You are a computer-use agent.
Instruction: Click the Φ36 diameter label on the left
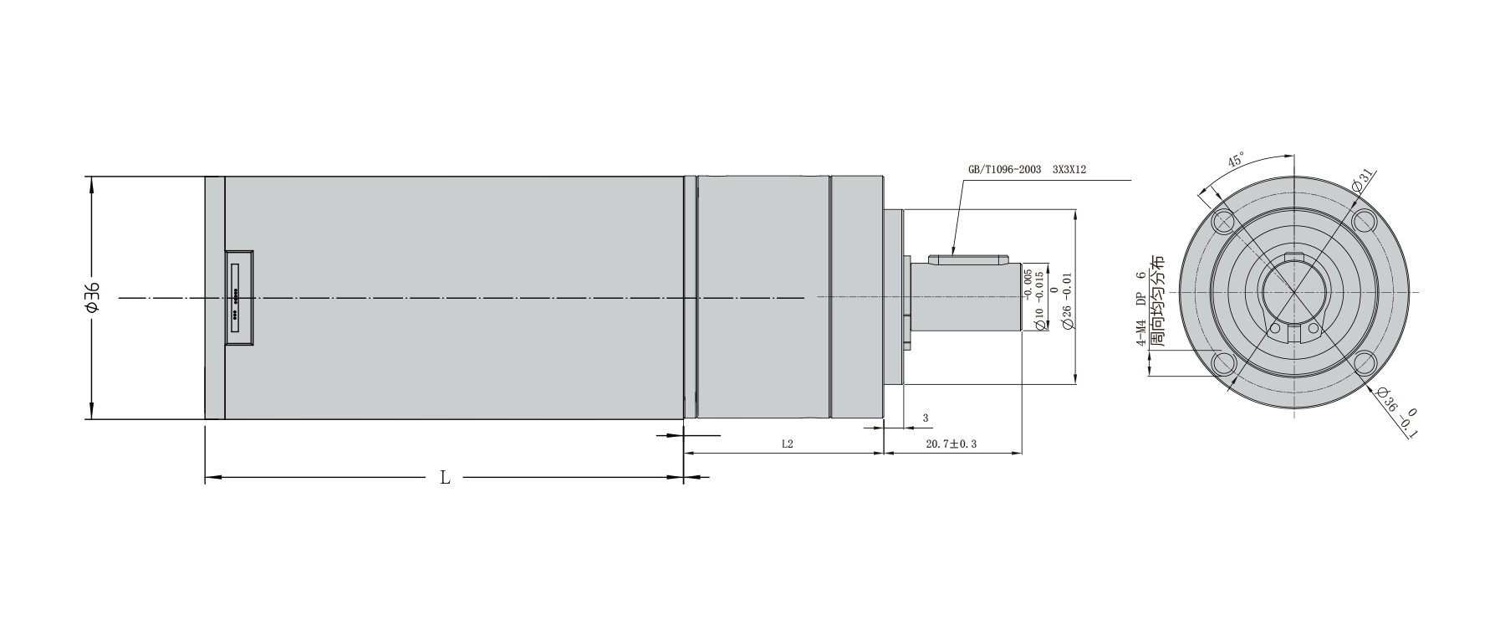coord(92,298)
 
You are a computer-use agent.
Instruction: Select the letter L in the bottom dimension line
coord(445,478)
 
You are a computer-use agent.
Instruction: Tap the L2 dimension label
coord(787,444)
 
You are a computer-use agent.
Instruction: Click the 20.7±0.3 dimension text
coord(951,444)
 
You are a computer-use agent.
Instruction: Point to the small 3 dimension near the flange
coord(925,417)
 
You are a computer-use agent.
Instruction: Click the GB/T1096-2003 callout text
coord(1004,169)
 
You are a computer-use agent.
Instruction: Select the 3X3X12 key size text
coord(1069,169)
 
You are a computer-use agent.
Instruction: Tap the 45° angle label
coord(1236,161)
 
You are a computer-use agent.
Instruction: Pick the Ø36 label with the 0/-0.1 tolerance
coord(1395,414)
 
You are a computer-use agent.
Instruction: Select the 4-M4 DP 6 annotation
coord(1140,310)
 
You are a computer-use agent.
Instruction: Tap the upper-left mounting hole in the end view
coord(1224,222)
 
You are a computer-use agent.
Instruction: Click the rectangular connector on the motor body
coord(238,298)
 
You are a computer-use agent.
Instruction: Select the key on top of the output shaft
coord(970,259)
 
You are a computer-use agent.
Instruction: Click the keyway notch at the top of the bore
coord(1293,257)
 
